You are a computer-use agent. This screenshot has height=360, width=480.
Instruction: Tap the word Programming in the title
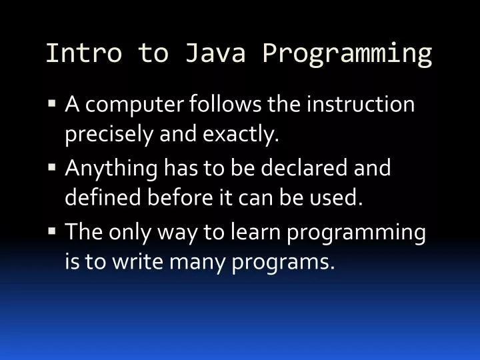(347, 53)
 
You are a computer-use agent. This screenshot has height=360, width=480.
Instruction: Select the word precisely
(109, 136)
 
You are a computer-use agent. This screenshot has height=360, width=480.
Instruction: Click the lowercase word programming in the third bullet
(356, 232)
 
